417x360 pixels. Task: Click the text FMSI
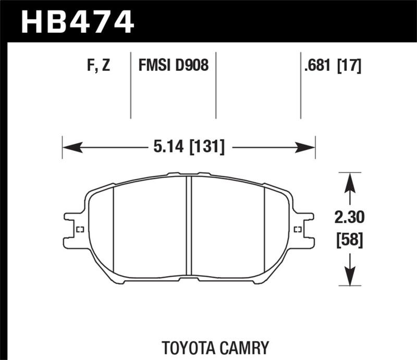pos(155,66)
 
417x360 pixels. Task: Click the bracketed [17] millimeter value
pos(351,66)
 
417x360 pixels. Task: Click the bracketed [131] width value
pos(207,148)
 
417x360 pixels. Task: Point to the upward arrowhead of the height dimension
pos(350,180)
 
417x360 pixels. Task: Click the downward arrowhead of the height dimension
pos(350,277)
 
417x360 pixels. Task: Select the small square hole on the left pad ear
pos(80,229)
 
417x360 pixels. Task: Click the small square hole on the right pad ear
pos(298,229)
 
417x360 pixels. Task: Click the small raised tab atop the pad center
pos(189,174)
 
